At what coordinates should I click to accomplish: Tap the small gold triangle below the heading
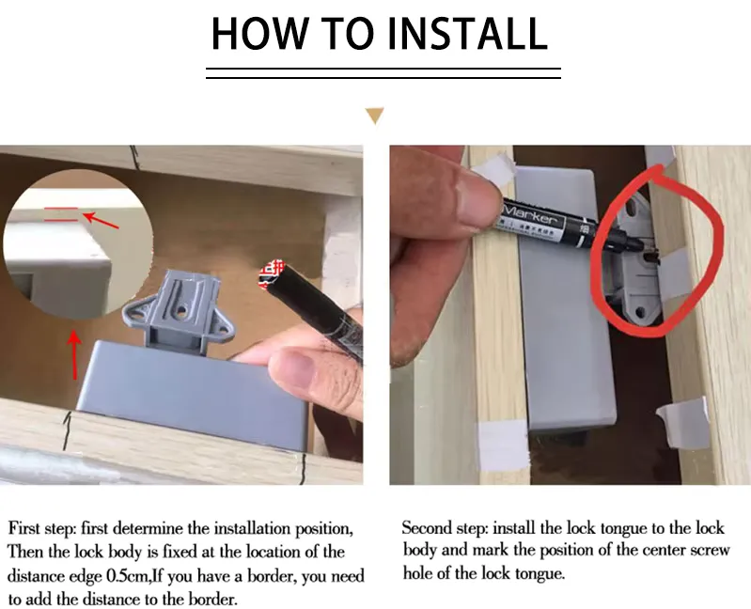(375, 117)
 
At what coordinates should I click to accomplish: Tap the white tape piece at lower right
(683, 424)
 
